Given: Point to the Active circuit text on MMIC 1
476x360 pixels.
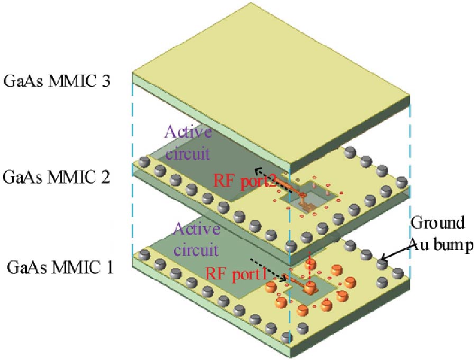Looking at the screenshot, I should pos(195,238).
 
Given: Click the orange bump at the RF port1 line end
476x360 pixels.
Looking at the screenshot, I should pos(309,289).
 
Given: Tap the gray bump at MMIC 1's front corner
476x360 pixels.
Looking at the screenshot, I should pos(286,337).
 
